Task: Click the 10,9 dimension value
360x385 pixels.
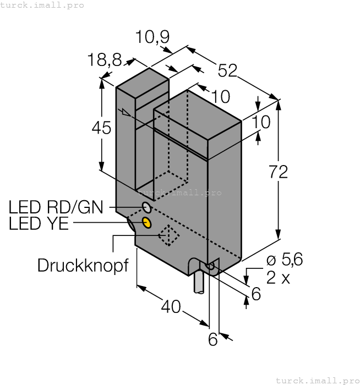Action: (x=152, y=37)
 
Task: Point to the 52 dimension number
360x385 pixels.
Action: (x=227, y=70)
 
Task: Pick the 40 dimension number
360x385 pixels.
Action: (x=171, y=306)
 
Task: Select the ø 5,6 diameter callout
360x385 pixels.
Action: (x=284, y=260)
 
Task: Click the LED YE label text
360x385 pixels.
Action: (x=39, y=224)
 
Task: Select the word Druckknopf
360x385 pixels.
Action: (x=83, y=266)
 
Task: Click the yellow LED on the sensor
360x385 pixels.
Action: (x=147, y=222)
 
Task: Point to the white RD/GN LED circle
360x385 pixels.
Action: (x=147, y=207)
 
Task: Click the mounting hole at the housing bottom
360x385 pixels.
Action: (x=209, y=267)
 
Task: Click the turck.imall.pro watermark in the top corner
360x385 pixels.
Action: (x=42, y=5)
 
